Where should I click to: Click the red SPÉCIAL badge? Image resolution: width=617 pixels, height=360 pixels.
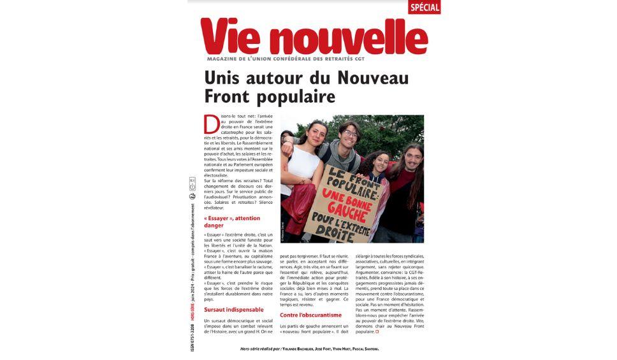point(425,8)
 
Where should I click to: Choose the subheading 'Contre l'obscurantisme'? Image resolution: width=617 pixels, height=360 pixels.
point(311,315)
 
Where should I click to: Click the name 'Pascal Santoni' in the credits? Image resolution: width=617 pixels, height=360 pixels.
point(366,349)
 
